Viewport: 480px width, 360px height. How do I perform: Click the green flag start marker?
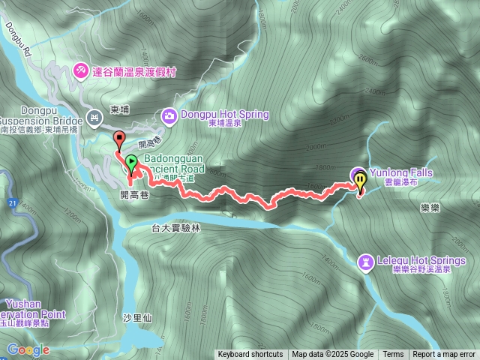click(131, 161)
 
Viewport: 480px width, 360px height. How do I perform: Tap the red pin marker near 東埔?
click(118, 138)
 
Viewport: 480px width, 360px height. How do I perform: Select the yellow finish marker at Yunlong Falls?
click(361, 180)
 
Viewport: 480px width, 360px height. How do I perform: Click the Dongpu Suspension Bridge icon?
click(94, 116)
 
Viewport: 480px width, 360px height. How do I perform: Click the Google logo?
click(28, 349)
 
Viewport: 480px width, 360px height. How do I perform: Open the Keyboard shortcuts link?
click(250, 355)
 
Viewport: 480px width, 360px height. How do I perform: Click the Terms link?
click(393, 355)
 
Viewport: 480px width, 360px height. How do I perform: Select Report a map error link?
click(444, 355)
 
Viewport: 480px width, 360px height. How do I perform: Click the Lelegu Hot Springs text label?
click(419, 261)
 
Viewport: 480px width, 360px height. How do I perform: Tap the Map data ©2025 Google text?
click(333, 355)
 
